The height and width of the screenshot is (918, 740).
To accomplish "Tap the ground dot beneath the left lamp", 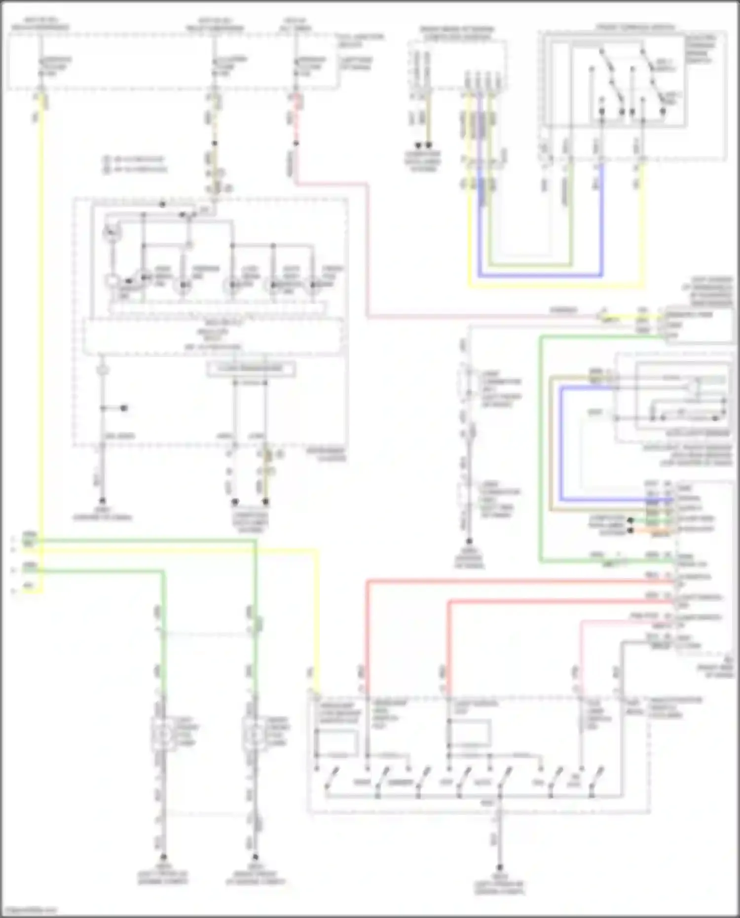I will [163, 857].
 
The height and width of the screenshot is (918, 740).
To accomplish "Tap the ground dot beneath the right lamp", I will [255, 857].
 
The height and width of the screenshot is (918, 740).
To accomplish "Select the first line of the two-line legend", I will [136, 159].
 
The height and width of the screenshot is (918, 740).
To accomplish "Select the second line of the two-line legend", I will [136, 169].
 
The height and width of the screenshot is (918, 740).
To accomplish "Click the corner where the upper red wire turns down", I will [368, 582].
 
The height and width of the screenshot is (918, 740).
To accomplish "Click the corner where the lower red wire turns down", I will [449, 601].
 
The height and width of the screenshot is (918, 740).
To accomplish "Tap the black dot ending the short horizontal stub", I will [124, 408].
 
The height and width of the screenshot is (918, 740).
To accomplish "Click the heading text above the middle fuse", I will [214, 25].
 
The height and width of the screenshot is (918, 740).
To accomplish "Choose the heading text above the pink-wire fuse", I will [296, 25].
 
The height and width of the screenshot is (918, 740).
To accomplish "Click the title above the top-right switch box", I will [634, 27].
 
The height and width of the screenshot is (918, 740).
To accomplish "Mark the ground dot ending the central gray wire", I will [469, 542].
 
